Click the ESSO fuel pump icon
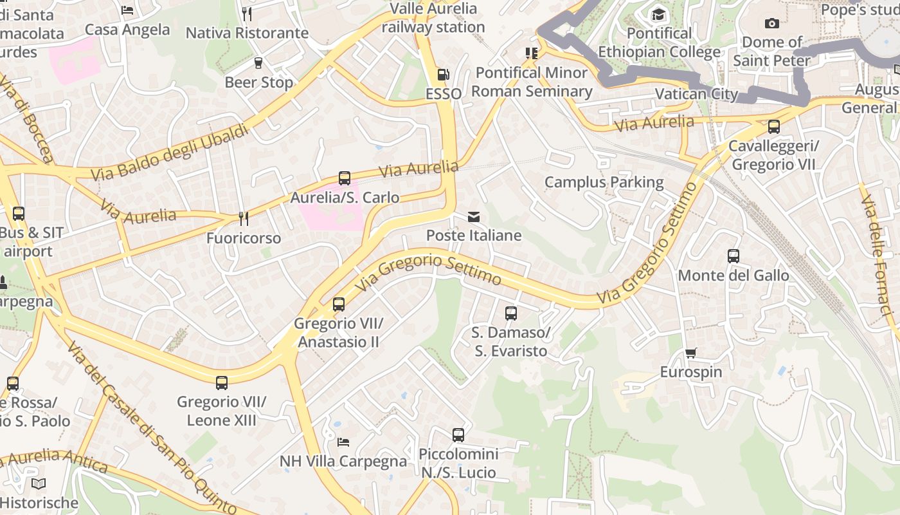pyautogui.click(x=443, y=75)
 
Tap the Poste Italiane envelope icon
pyautogui.click(x=474, y=217)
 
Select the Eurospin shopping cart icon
pyautogui.click(x=690, y=353)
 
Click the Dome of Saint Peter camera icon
pyautogui.click(x=772, y=24)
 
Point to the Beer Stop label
pyautogui.click(x=258, y=82)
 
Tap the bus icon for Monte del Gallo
pyautogui.click(x=733, y=256)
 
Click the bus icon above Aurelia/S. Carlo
pyautogui.click(x=345, y=178)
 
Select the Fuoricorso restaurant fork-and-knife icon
pyautogui.click(x=243, y=219)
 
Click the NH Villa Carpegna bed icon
pyautogui.click(x=343, y=442)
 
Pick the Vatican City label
pyautogui.click(x=696, y=94)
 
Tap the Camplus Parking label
pyautogui.click(x=604, y=182)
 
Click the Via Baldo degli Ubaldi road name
pyautogui.click(x=169, y=153)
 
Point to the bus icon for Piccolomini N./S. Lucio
pyautogui.click(x=458, y=435)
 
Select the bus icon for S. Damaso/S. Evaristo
pyautogui.click(x=511, y=314)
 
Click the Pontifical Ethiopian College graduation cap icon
pyautogui.click(x=659, y=14)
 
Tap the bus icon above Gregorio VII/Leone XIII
pyautogui.click(x=222, y=383)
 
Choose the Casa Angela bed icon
pyautogui.click(x=127, y=10)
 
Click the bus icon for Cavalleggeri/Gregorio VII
pyautogui.click(x=774, y=127)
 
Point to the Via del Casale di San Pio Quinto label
pyautogui.click(x=152, y=429)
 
